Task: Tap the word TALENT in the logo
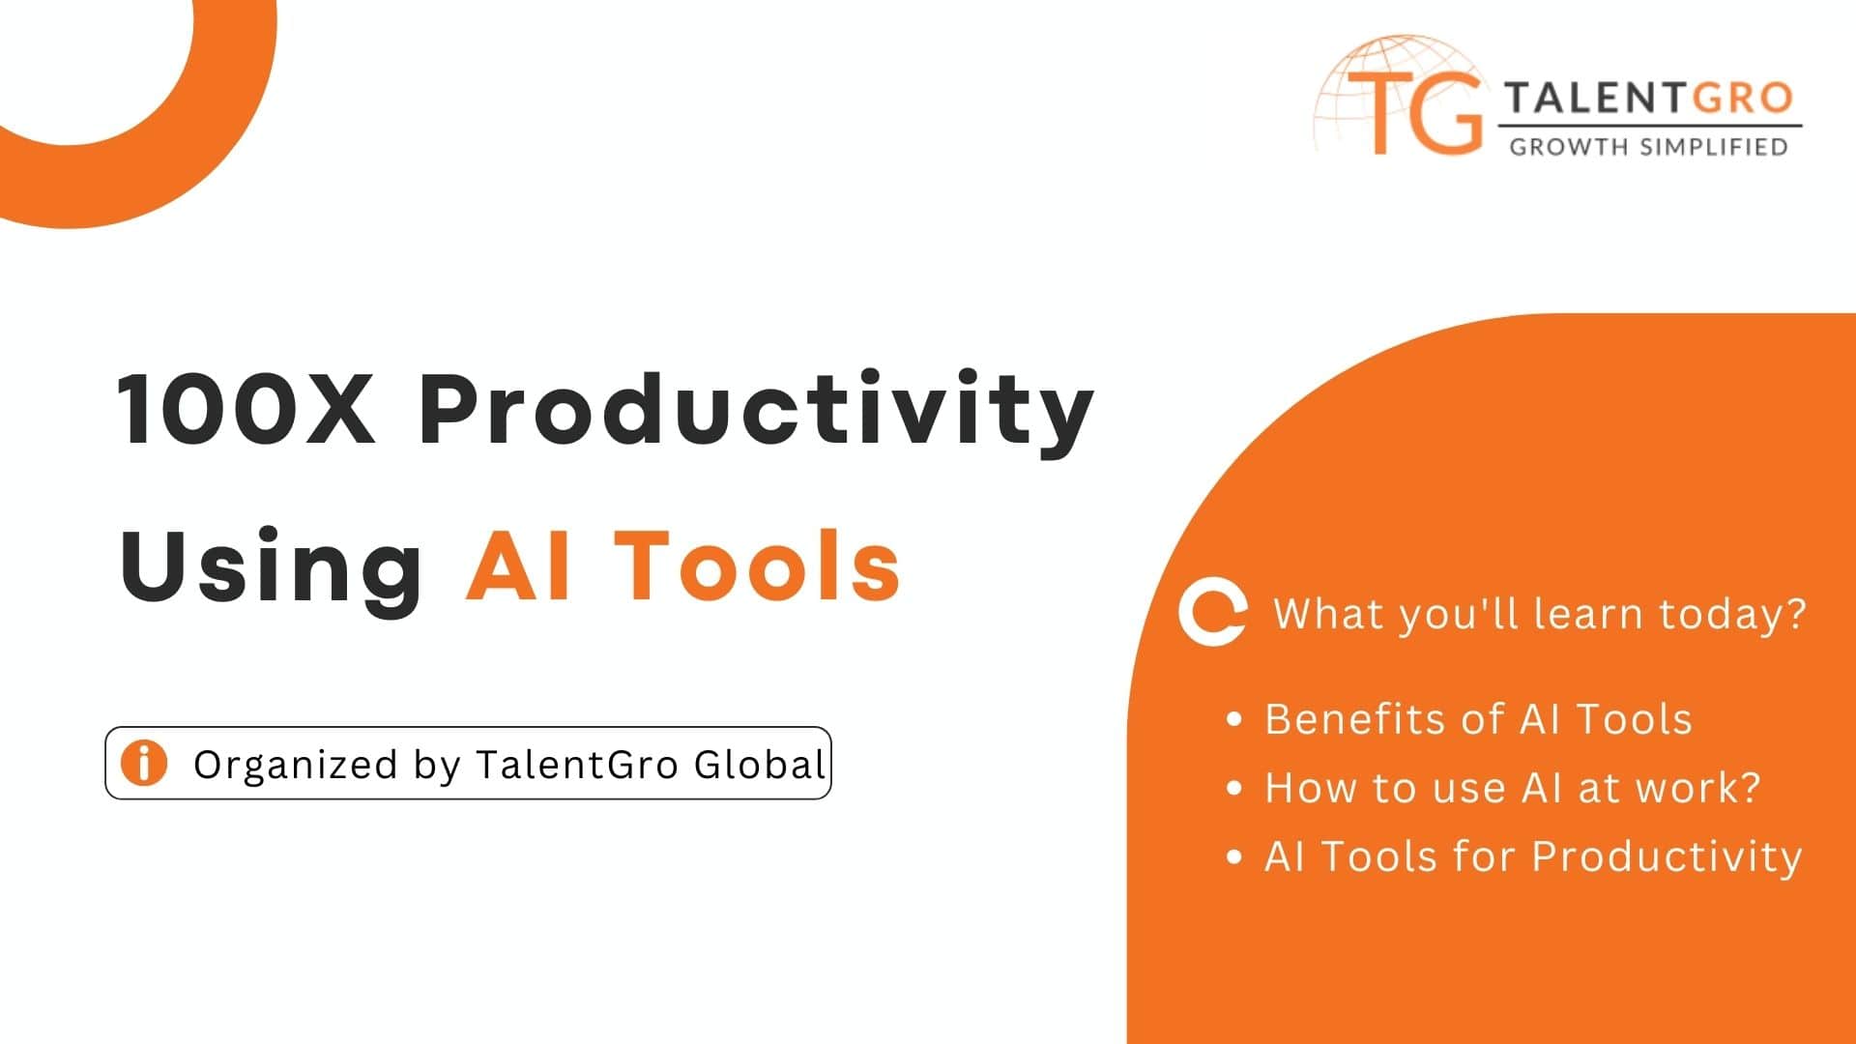point(1595,99)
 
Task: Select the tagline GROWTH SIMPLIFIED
point(1649,147)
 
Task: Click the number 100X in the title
point(246,408)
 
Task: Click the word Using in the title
point(272,568)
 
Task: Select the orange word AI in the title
point(518,565)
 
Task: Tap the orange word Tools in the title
point(758,565)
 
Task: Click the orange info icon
point(144,763)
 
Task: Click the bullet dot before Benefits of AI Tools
point(1233,719)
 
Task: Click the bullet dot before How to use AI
point(1233,788)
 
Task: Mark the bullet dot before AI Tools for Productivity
point(1233,856)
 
